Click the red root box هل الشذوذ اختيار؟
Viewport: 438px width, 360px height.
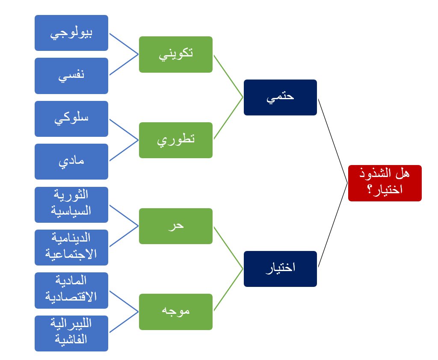[385, 183]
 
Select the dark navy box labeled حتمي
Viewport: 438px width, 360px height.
[280, 97]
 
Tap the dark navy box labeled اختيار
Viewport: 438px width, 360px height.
[280, 269]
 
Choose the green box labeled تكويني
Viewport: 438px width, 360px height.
[176, 54]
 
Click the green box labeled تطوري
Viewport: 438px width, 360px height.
[176, 140]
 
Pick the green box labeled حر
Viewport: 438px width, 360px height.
[176, 226]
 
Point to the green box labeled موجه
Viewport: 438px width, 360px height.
[176, 312]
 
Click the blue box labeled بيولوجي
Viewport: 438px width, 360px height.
[71, 33]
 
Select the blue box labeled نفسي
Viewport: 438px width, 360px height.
[71, 76]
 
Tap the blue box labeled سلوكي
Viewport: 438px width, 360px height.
[71, 118]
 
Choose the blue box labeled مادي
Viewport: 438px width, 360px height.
[71, 162]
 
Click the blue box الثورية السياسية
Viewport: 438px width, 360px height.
[71, 204]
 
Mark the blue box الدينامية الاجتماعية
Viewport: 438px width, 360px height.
[71, 247]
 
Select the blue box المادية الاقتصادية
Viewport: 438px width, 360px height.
[71, 290]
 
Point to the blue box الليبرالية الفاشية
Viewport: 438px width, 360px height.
[71, 333]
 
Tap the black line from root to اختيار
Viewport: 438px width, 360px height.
[333, 225]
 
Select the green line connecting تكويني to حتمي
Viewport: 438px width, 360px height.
[228, 76]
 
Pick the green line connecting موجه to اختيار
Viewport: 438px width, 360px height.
[228, 290]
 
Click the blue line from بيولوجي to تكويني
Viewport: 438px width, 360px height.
[124, 44]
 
